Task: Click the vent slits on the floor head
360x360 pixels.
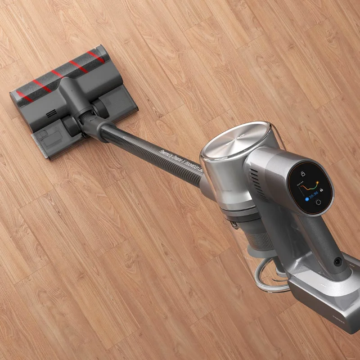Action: (51, 112)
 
